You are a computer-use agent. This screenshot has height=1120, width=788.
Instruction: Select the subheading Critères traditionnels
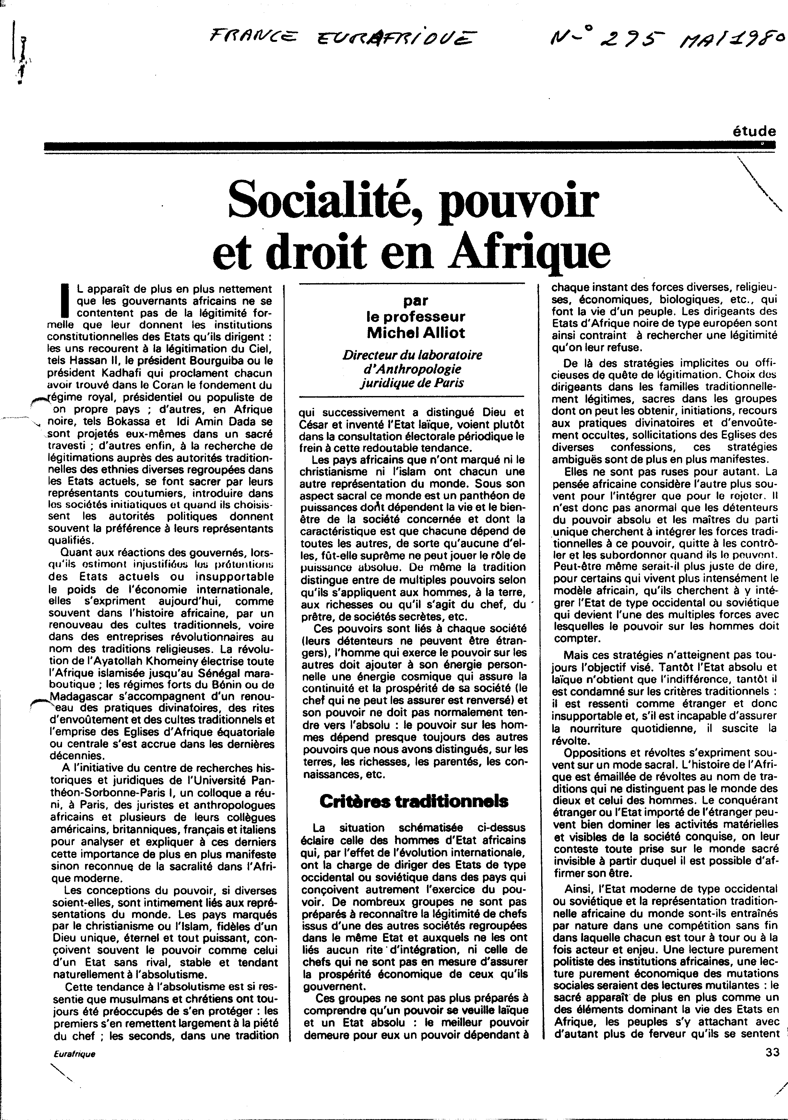coord(413,801)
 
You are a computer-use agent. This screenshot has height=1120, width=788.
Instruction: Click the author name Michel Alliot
coord(416,333)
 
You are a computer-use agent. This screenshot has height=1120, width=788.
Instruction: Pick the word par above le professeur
coord(416,301)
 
